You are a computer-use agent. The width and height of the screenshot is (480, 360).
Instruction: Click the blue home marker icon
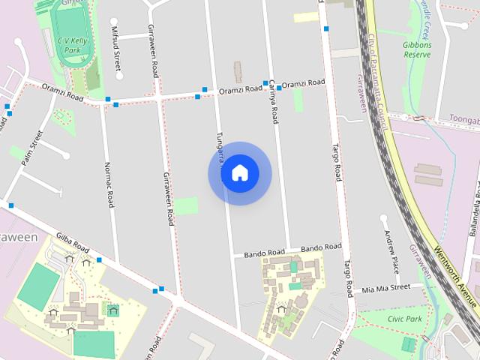click(239, 173)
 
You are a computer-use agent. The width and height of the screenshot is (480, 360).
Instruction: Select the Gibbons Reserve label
click(417, 49)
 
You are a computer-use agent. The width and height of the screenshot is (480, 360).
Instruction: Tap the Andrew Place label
click(391, 252)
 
